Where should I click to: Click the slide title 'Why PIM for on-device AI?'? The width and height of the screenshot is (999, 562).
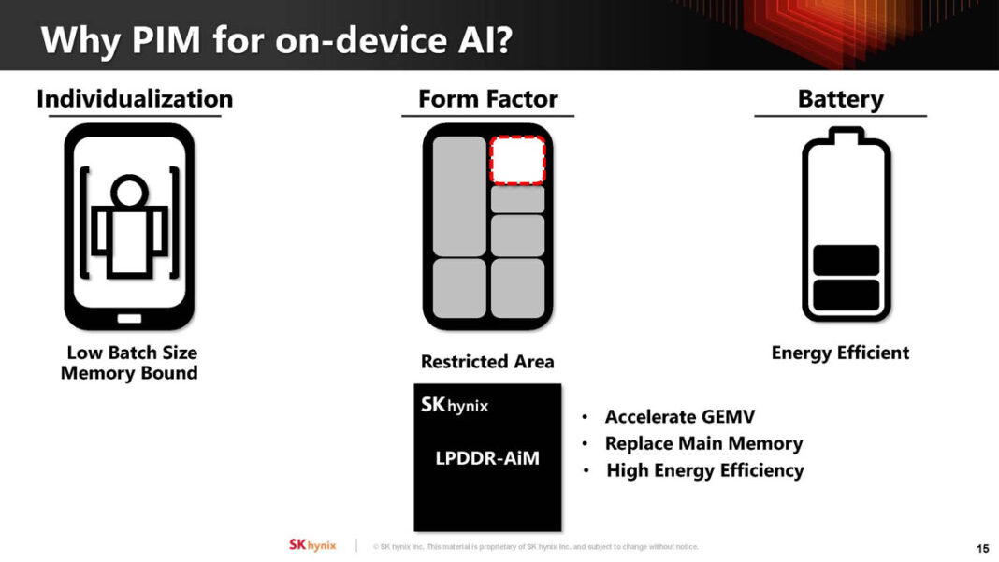pyautogui.click(x=277, y=39)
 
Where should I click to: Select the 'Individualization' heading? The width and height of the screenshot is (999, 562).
pyautogui.click(x=135, y=99)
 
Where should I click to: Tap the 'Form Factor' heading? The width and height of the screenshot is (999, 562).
pyautogui.click(x=487, y=99)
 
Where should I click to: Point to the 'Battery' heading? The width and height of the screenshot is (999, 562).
pyautogui.click(x=840, y=99)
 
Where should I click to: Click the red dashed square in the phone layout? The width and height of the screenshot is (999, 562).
pyautogui.click(x=517, y=160)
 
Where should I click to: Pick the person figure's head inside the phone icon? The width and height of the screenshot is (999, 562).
pyautogui.click(x=129, y=194)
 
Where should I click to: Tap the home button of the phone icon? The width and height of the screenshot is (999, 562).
pyautogui.click(x=129, y=318)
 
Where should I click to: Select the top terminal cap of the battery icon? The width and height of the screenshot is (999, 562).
pyautogui.click(x=846, y=137)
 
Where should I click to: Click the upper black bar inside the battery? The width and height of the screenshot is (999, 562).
pyautogui.click(x=846, y=260)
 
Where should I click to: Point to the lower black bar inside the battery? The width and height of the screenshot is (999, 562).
pyautogui.click(x=846, y=295)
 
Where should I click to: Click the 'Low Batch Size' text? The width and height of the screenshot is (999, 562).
pyautogui.click(x=132, y=353)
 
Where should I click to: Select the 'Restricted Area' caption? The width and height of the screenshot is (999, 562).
pyautogui.click(x=487, y=362)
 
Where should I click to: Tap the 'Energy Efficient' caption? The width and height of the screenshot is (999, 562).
pyautogui.click(x=840, y=353)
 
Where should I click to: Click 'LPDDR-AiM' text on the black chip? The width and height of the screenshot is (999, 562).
pyautogui.click(x=487, y=458)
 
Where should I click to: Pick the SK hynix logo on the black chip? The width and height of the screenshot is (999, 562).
pyautogui.click(x=455, y=406)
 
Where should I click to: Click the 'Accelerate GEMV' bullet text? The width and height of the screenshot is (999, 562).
pyautogui.click(x=679, y=417)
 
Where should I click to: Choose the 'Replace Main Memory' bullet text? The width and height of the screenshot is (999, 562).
pyautogui.click(x=703, y=443)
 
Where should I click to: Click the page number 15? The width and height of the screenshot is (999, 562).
pyautogui.click(x=982, y=547)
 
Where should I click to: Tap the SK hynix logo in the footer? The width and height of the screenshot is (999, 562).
pyautogui.click(x=311, y=545)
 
